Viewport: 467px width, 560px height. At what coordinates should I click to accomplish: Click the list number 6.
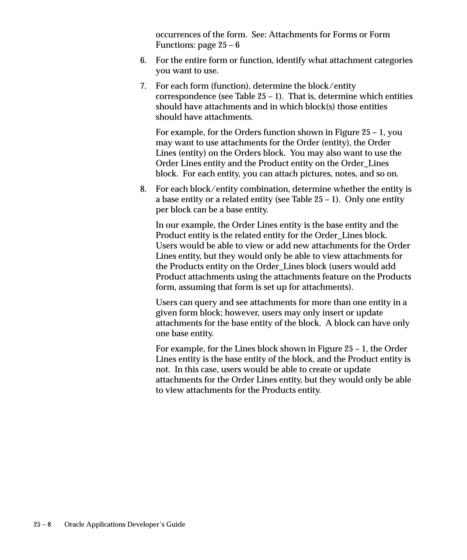(143, 61)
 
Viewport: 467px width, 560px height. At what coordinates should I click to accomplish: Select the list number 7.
(143, 86)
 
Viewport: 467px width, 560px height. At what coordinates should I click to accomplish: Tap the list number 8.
(143, 189)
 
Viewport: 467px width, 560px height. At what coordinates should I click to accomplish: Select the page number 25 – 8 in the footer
(42, 524)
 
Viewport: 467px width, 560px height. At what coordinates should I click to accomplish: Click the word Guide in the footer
(176, 524)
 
